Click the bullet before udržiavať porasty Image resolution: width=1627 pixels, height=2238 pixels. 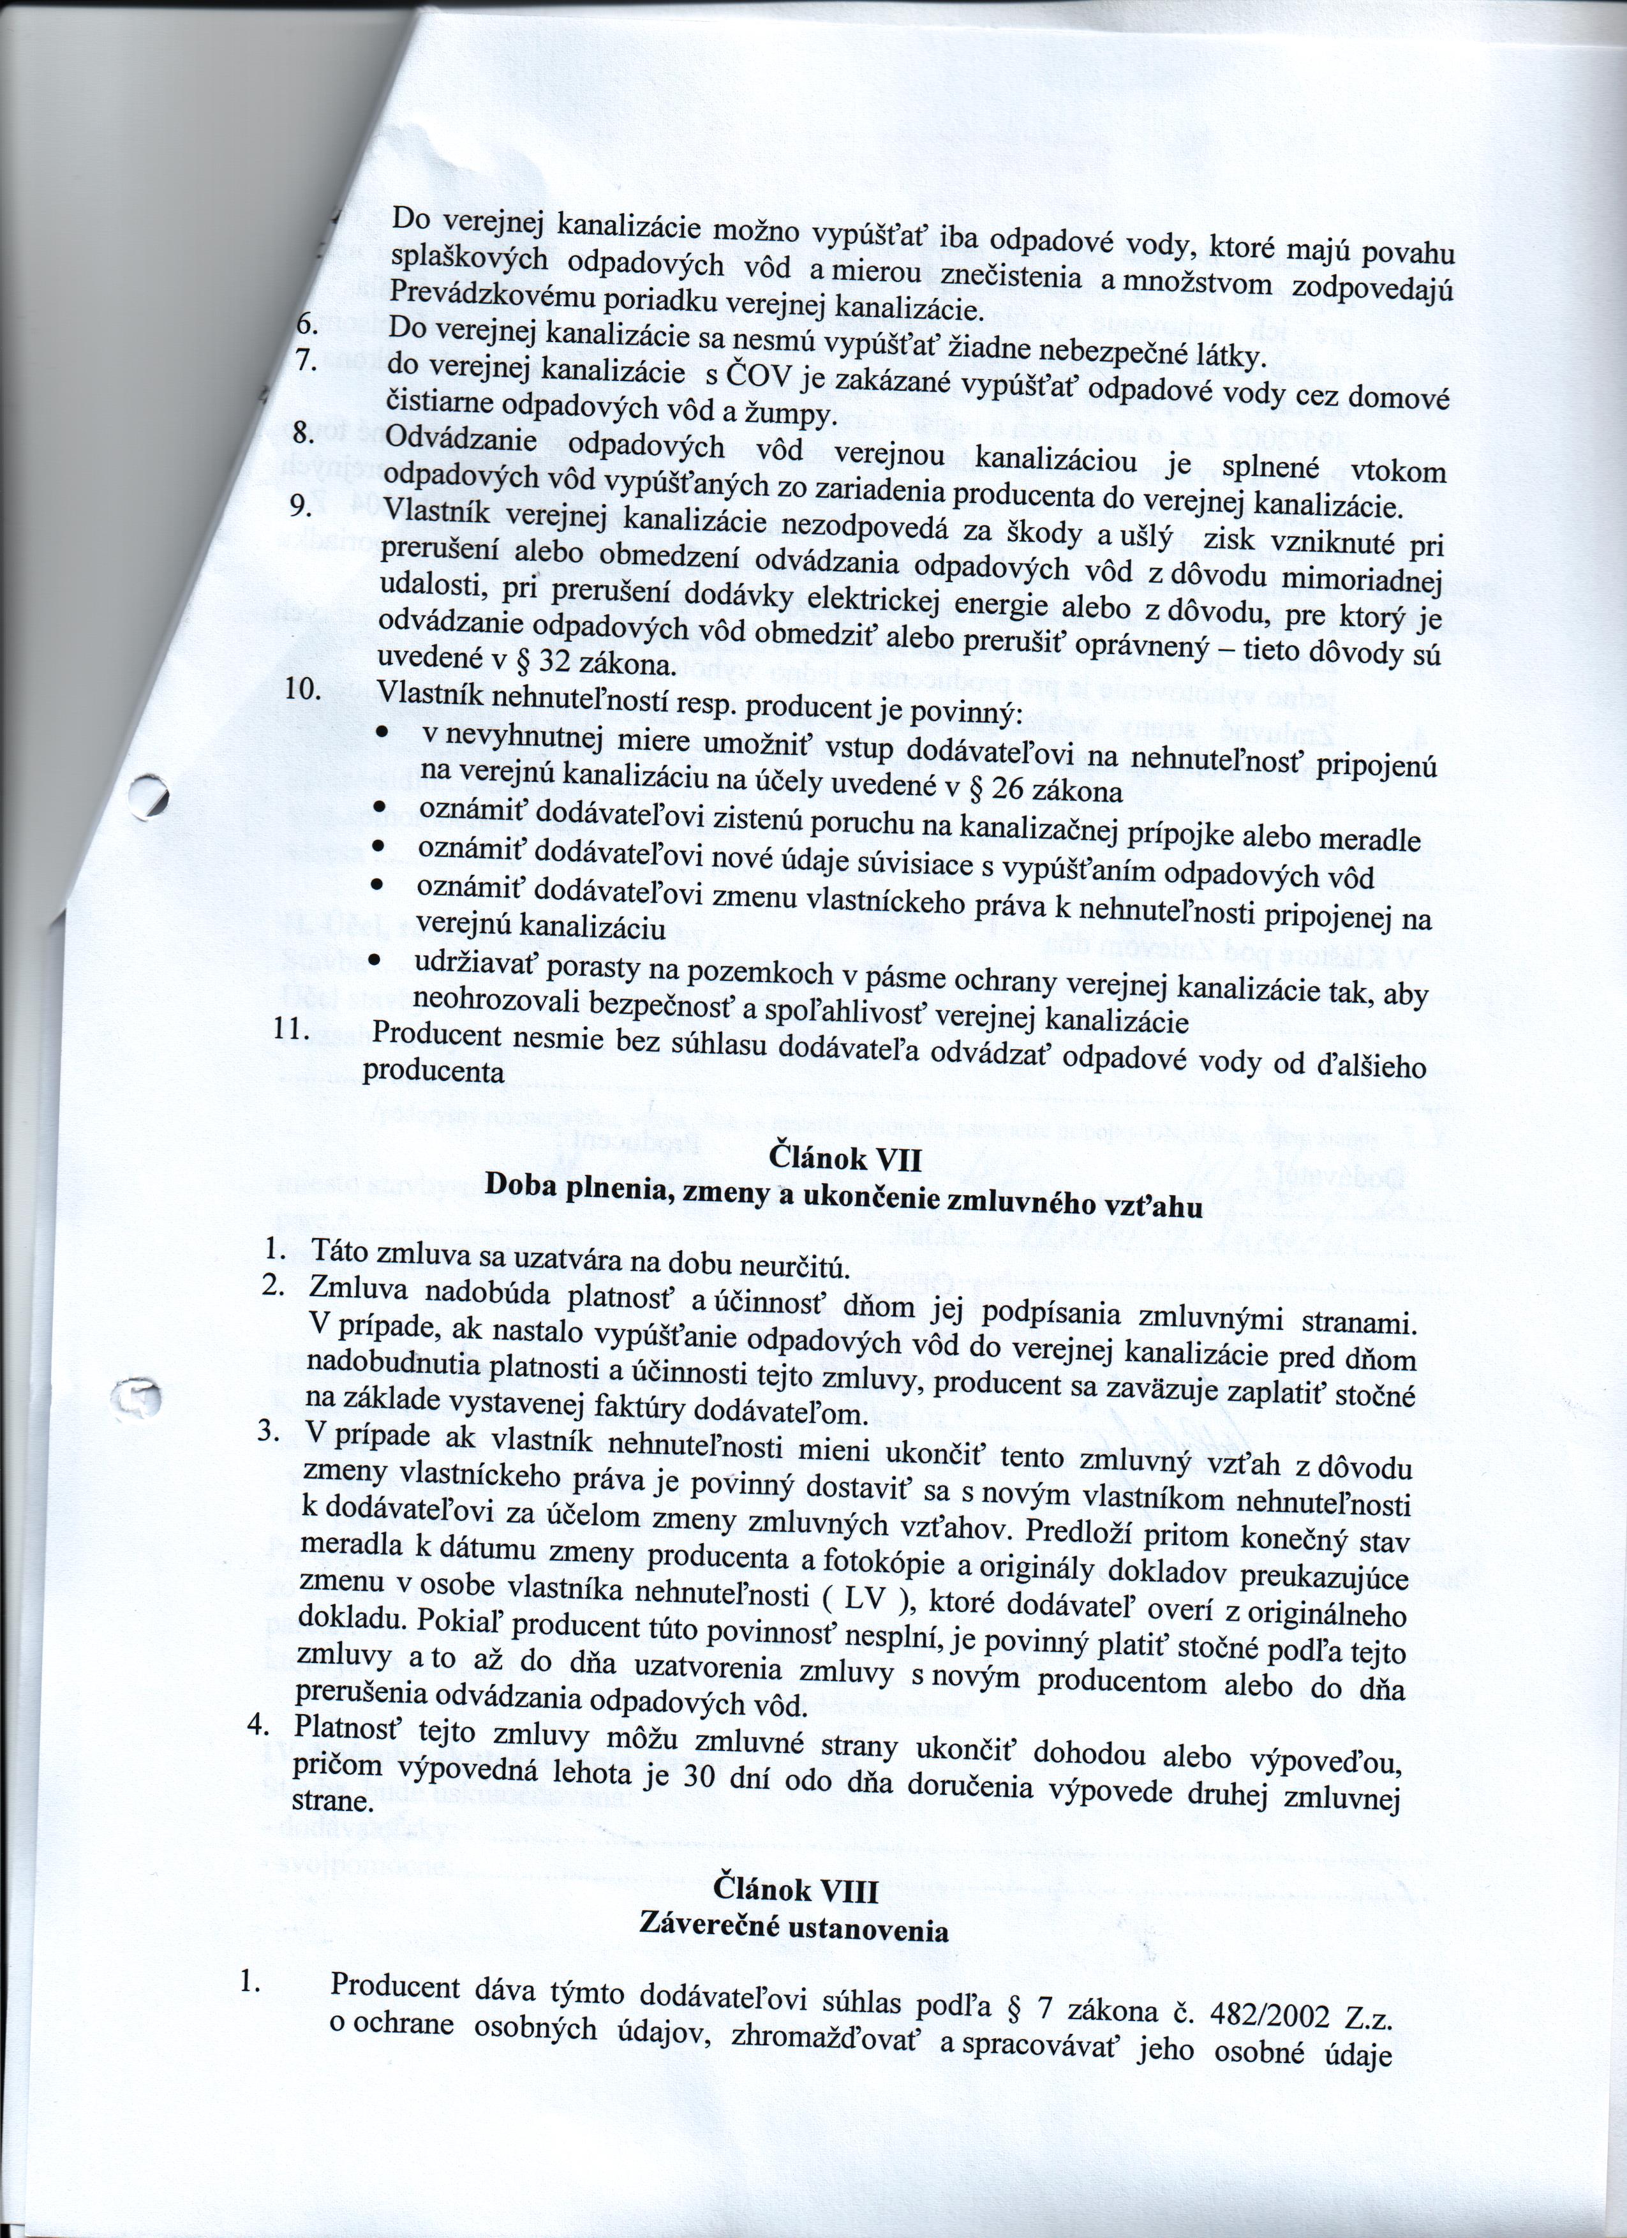click(375, 960)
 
